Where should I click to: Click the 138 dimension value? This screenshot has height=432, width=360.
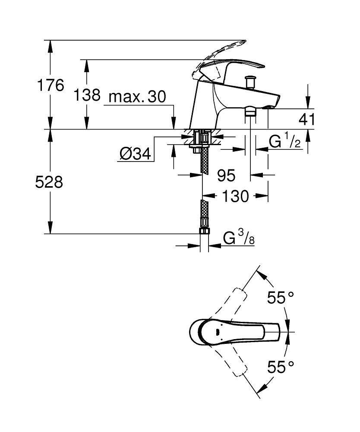(87, 95)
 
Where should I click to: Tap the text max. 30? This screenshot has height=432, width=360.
(137, 97)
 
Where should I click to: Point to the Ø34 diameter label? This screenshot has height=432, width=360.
(136, 153)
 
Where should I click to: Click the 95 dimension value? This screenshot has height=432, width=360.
(226, 175)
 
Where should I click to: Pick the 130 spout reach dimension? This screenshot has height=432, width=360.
(236, 196)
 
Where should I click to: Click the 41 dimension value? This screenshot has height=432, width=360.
(307, 119)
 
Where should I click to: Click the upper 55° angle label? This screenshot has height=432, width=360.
(280, 298)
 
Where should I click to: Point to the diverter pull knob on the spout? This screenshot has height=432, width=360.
(249, 81)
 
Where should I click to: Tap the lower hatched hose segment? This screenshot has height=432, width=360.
(204, 212)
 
